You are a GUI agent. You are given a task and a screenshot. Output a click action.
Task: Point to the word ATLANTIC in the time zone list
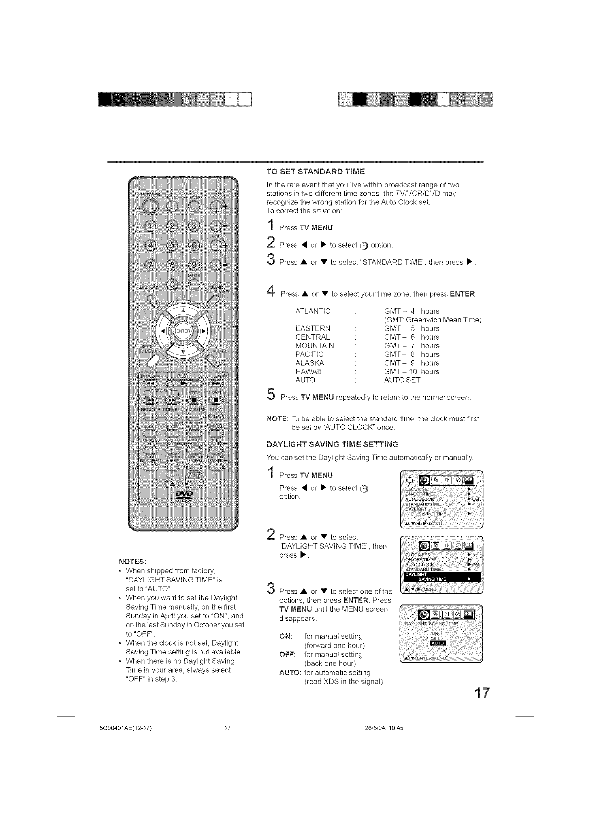coord(313,311)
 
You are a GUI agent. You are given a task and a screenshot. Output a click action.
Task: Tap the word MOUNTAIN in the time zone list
coord(314,346)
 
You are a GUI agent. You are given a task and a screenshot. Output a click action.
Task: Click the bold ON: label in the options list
coord(286,636)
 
